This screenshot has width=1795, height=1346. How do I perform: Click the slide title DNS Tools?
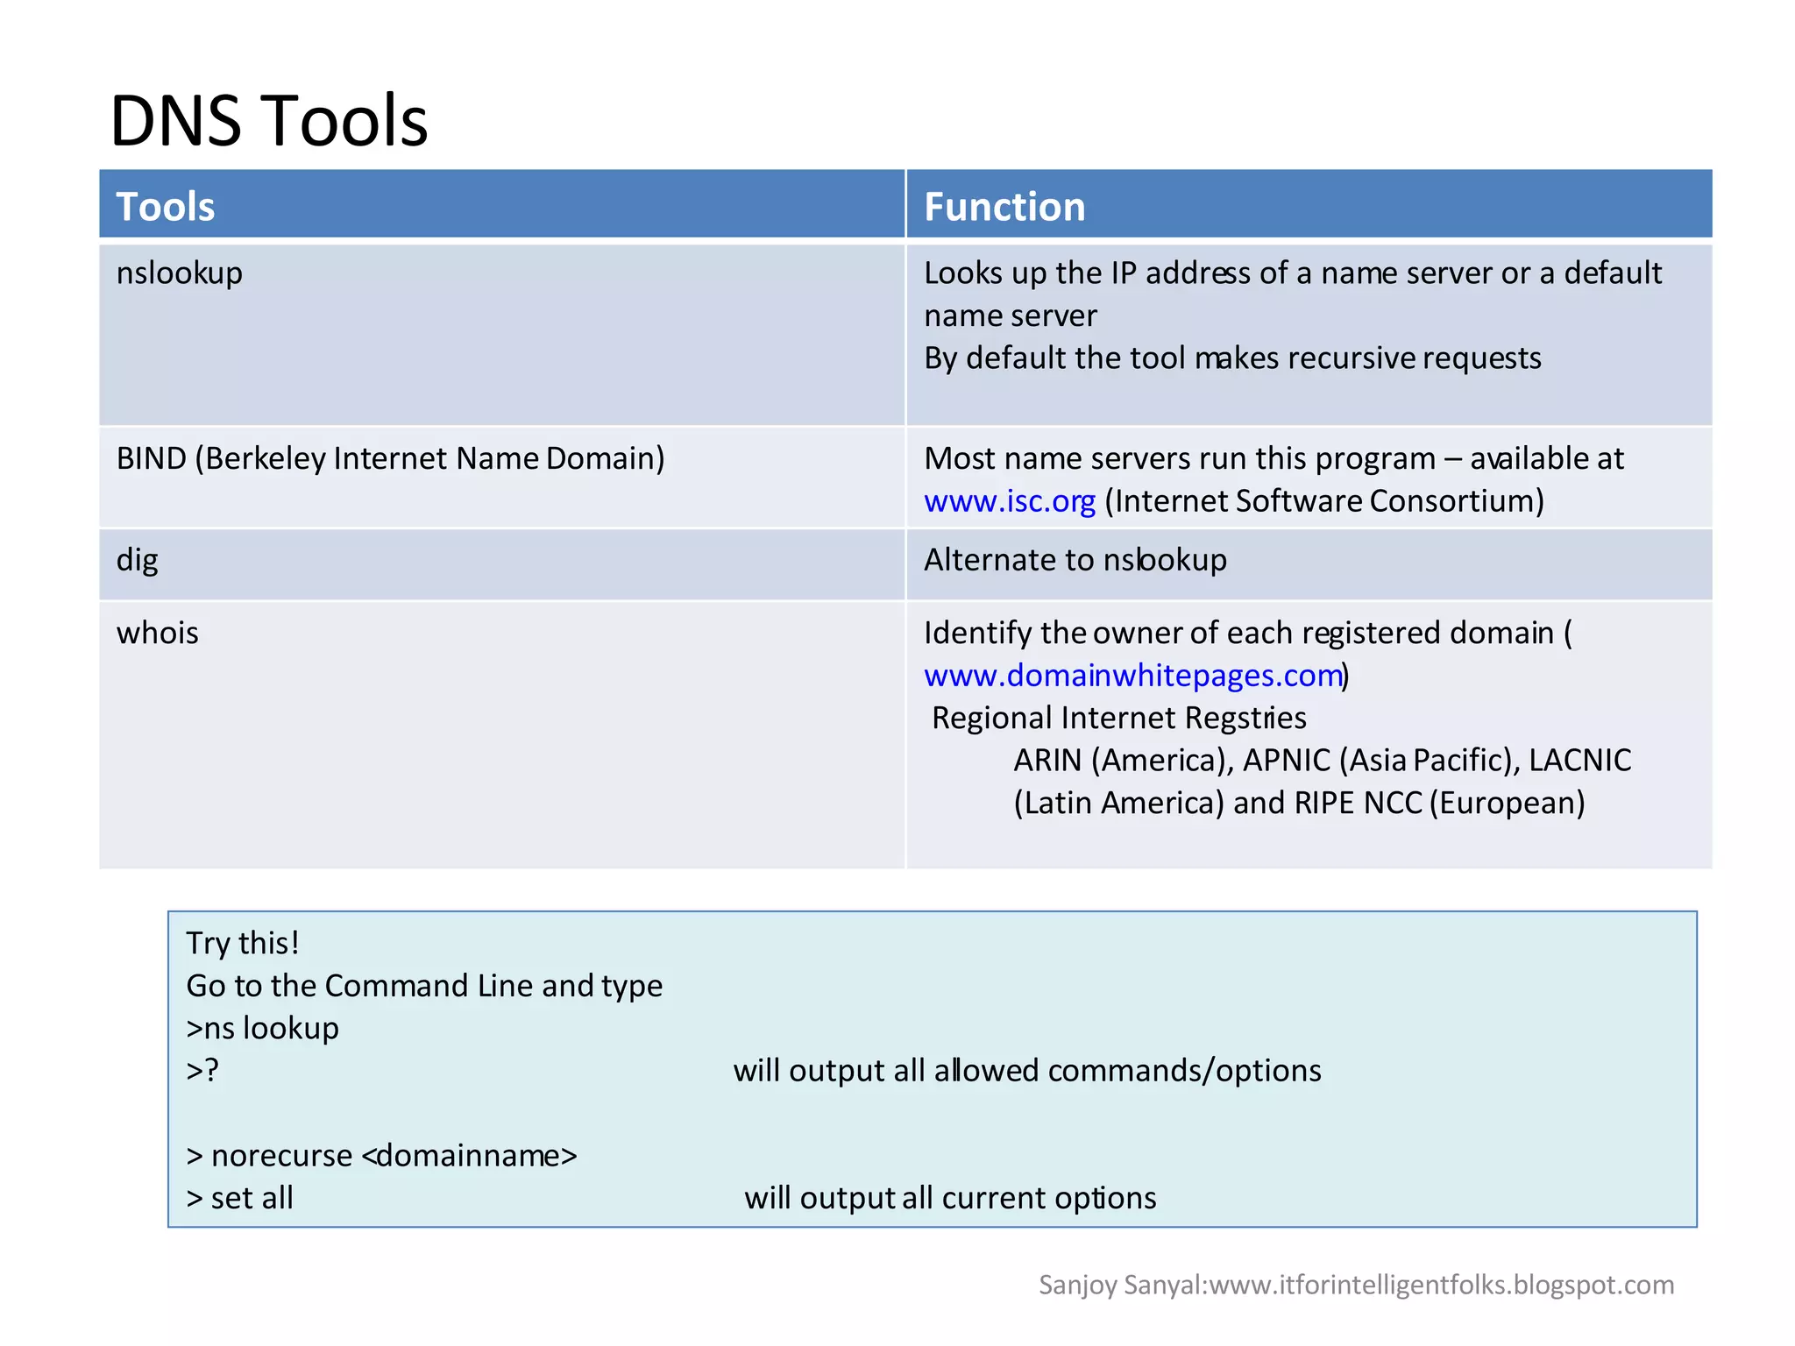click(268, 120)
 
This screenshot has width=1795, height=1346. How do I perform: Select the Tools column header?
click(166, 207)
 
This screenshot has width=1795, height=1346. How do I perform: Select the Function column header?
click(1004, 207)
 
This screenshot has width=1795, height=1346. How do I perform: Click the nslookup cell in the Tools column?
click(180, 273)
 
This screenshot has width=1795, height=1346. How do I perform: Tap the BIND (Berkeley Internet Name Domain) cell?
click(390, 458)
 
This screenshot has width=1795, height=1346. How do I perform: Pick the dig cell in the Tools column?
click(138, 560)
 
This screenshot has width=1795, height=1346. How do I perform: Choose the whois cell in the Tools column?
click(158, 633)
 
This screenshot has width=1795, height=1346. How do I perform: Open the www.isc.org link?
click(1009, 501)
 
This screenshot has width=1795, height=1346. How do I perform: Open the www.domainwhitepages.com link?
click(1132, 676)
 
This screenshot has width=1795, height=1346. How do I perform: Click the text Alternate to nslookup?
click(1075, 560)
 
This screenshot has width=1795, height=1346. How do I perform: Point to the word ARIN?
click(1047, 760)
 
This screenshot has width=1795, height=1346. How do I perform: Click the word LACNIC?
click(1579, 760)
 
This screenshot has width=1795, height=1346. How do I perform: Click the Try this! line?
click(243, 944)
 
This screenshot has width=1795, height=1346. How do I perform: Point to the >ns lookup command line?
click(262, 1028)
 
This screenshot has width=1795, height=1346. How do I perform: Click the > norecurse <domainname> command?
click(381, 1156)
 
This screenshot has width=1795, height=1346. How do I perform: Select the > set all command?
click(240, 1198)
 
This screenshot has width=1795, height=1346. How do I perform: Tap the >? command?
click(202, 1071)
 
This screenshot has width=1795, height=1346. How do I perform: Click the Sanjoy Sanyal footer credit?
click(1355, 1285)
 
